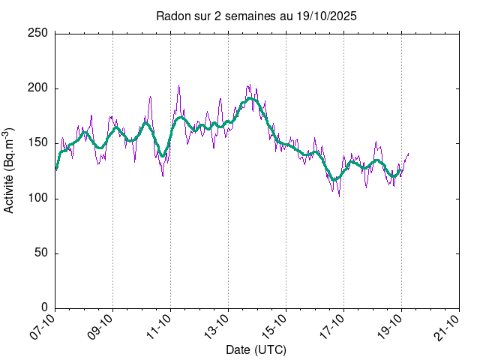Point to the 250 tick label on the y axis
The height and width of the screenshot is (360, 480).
38,34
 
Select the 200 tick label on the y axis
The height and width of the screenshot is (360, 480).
38,88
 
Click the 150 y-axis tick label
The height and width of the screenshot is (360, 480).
38,143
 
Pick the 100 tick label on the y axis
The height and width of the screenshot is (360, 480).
38,198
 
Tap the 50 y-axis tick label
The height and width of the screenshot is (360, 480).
41,253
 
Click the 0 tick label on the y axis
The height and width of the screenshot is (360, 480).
44,307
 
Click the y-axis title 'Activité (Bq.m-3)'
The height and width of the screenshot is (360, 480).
10,170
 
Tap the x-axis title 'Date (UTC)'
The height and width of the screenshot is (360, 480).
256,349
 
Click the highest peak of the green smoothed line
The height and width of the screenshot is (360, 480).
250,98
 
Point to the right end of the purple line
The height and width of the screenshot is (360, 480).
409,153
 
